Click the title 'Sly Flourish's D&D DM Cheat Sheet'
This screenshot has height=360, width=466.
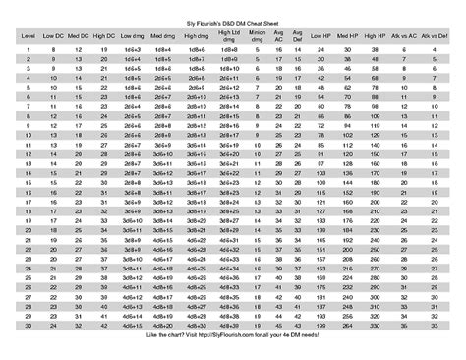click(x=233, y=19)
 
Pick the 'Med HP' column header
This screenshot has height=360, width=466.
click(x=345, y=33)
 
